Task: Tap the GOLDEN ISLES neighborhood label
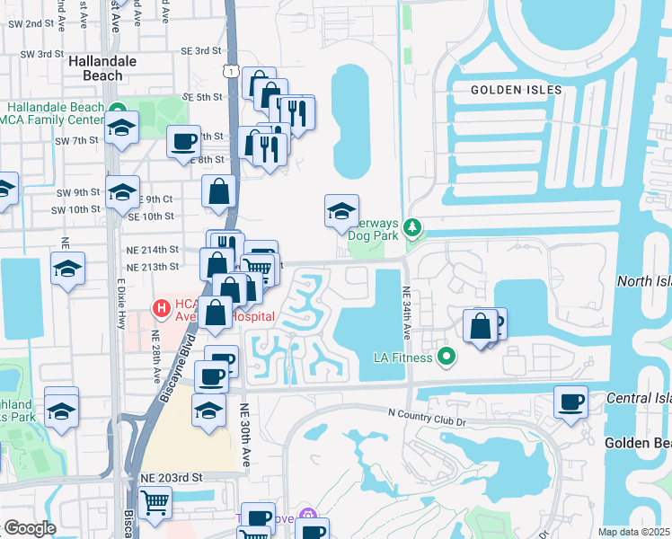517,90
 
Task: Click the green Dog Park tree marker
412,227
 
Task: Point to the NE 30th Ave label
245,433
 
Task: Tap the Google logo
30,528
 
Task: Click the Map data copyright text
634,532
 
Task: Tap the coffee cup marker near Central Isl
570,400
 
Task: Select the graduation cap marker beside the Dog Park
341,211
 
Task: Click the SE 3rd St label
200,51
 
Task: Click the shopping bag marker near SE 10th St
219,190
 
